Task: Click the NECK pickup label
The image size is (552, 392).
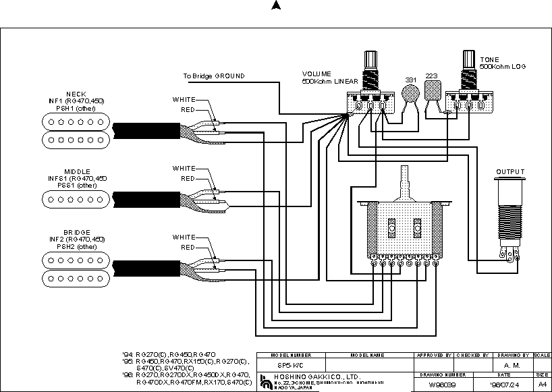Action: [76, 94]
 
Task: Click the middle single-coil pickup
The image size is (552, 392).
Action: [76, 198]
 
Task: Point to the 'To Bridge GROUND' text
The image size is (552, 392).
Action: [214, 76]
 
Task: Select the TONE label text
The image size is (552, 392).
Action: [489, 59]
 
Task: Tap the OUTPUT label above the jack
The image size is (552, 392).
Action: [510, 172]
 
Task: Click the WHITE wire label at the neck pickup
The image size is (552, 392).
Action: [184, 100]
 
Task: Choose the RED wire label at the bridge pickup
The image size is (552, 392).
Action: [188, 248]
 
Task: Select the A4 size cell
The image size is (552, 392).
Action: [542, 384]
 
